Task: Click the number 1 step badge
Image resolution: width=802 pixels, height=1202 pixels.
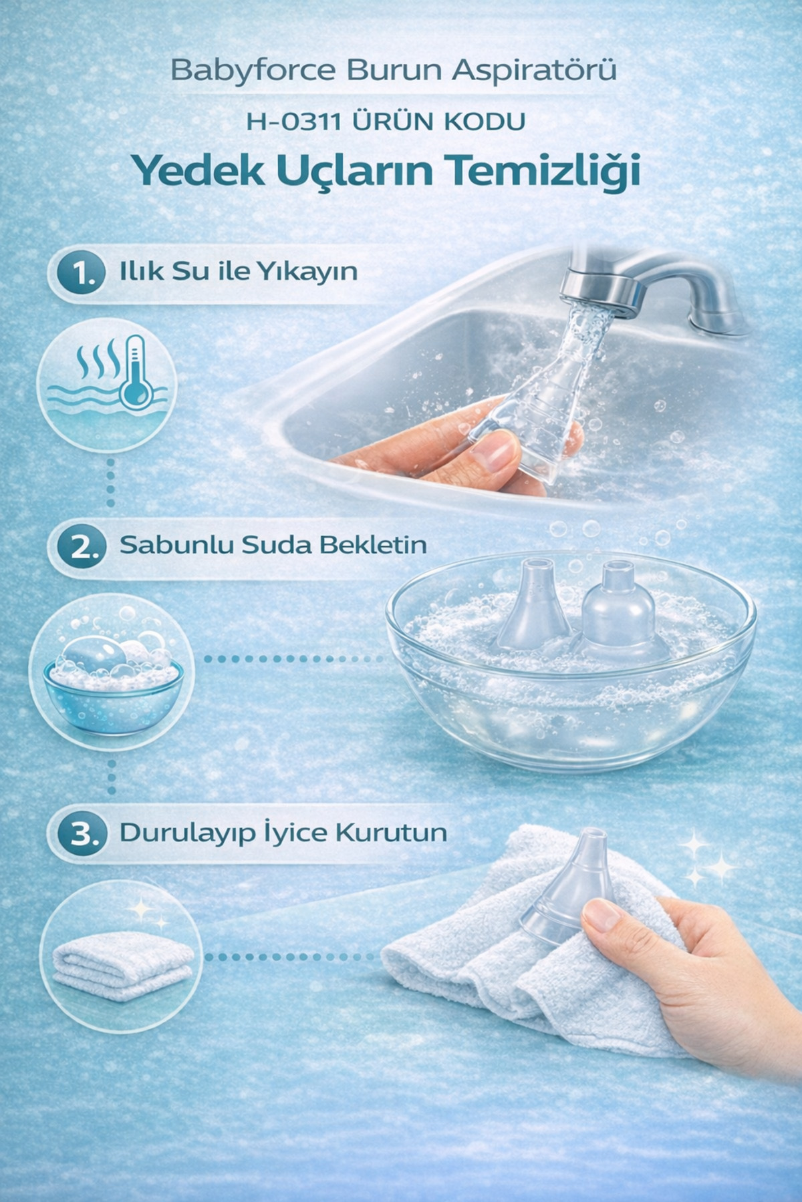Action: (81, 273)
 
